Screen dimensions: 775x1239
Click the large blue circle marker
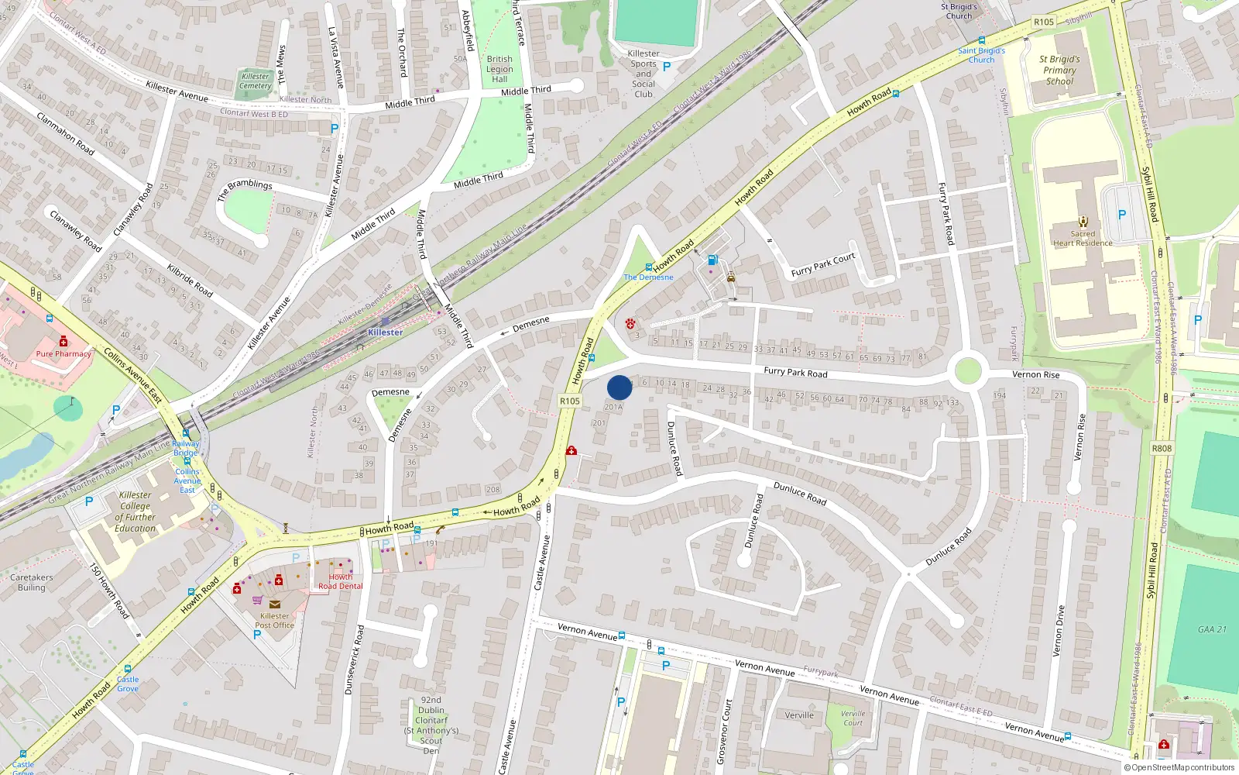tap(619, 387)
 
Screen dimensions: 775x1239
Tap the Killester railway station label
tap(385, 332)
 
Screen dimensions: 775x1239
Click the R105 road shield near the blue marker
tap(569, 401)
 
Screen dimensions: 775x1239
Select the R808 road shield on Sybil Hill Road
tap(1162, 448)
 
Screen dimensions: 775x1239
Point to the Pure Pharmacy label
tap(63, 353)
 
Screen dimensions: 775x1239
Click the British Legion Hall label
tap(499, 69)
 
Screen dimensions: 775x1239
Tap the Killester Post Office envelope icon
tap(274, 604)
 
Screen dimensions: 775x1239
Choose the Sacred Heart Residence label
tap(1083, 238)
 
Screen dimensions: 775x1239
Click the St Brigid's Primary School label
tap(1059, 70)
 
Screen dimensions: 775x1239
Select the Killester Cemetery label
tap(256, 81)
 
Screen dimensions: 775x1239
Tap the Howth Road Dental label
tap(340, 581)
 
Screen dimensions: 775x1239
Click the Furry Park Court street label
tap(823, 264)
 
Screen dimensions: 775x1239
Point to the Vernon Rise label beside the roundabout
tap(1036, 374)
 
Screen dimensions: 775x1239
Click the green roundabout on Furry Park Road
tap(968, 371)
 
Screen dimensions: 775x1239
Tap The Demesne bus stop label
tap(648, 277)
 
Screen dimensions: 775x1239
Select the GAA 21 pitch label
tap(1212, 629)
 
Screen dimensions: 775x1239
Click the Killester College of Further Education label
tap(136, 511)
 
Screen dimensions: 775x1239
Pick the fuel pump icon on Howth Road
tap(712, 260)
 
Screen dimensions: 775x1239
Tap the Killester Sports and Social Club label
tap(644, 74)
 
